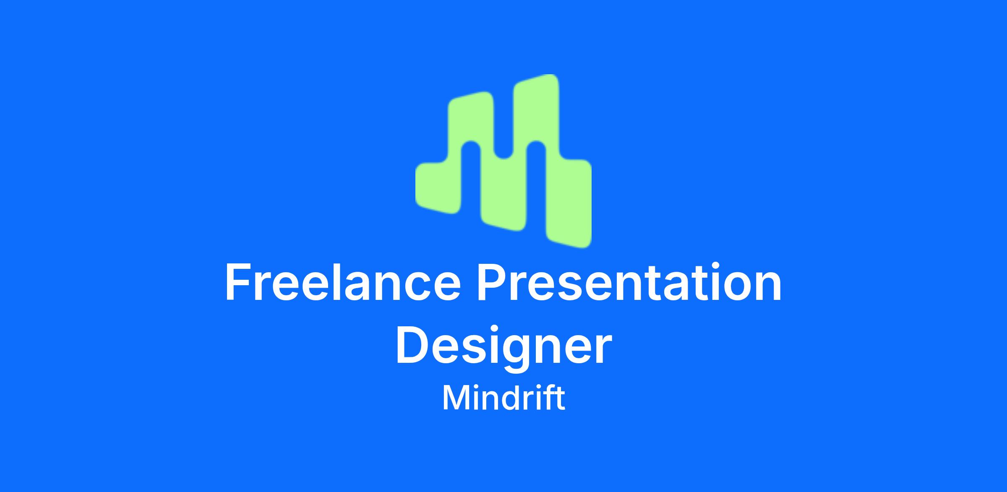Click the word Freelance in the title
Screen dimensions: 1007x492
[x=343, y=282]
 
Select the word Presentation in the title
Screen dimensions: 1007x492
[x=629, y=282]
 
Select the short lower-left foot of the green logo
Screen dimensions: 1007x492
[x=438, y=187]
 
